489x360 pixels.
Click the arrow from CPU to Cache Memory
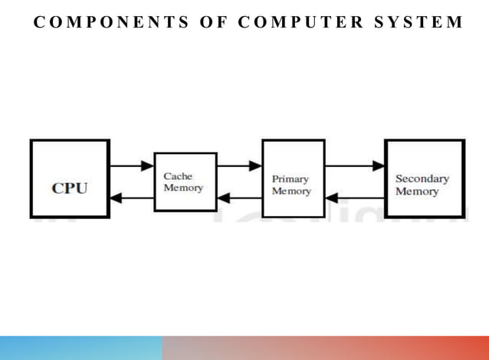(x=131, y=165)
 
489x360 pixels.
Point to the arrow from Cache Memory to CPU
(x=131, y=198)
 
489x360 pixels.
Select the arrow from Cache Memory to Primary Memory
(x=238, y=165)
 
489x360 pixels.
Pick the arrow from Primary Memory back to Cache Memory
(x=238, y=198)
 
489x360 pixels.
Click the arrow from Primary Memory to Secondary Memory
(x=354, y=165)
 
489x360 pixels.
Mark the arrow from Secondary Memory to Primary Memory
(x=354, y=198)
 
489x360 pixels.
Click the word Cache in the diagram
(x=179, y=176)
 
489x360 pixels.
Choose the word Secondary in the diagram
(x=422, y=179)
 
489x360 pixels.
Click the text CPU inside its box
(x=70, y=188)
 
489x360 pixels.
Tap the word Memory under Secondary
(x=417, y=191)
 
